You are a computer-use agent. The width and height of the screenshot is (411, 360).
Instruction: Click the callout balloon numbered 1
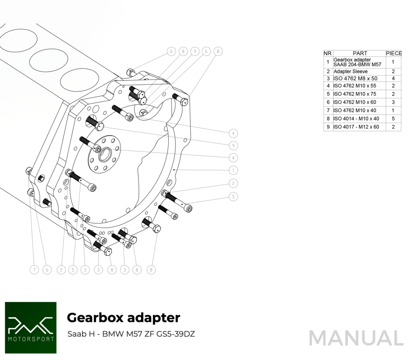click(233, 170)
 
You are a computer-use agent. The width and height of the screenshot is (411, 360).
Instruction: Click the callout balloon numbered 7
click(35, 270)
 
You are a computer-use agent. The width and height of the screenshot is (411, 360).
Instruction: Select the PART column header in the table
click(360, 53)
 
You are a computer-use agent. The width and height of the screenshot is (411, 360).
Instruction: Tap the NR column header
click(328, 53)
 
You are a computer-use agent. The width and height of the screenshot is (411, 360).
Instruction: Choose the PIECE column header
click(393, 53)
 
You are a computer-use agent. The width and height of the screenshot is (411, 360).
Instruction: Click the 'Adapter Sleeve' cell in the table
click(350, 72)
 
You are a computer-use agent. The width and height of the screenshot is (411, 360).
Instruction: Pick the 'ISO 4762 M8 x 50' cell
click(355, 79)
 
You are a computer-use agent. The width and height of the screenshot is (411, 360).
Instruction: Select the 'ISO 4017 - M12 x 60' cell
click(356, 127)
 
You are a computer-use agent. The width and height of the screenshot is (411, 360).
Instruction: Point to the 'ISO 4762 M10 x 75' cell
click(355, 94)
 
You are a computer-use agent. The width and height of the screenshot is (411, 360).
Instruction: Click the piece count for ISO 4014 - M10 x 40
click(393, 119)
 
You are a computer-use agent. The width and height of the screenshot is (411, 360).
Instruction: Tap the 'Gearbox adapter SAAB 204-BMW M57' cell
click(357, 62)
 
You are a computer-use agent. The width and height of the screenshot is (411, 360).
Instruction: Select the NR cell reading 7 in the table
click(328, 110)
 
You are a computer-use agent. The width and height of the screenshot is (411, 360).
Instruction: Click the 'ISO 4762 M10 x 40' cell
click(355, 110)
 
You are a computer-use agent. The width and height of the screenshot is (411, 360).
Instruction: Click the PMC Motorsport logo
click(31, 328)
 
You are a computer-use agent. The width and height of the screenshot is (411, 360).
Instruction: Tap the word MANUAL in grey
click(356, 338)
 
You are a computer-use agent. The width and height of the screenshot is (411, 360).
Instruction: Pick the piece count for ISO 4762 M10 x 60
click(393, 102)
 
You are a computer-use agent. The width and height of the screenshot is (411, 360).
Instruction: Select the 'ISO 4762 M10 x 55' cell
click(355, 86)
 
